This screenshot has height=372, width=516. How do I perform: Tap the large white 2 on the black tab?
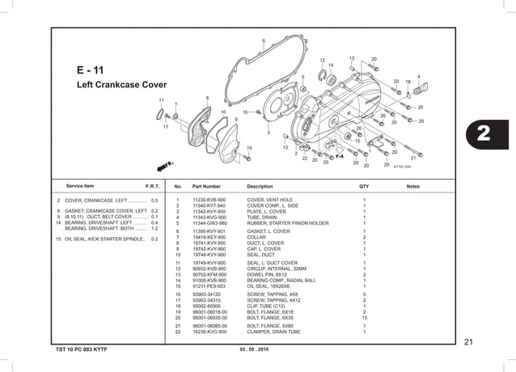point(488,134)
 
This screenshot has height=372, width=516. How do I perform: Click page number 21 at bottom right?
point(468,342)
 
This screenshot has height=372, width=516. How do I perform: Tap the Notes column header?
point(412,186)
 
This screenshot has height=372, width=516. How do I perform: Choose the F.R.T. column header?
point(151,186)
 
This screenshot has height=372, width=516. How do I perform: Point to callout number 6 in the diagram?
point(264,41)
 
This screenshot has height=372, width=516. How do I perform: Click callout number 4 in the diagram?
point(418,76)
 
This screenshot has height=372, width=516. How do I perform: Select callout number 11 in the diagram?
point(161,99)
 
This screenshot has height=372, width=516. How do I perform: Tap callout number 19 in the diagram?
point(249,147)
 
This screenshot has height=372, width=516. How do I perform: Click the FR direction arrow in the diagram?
point(167,164)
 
